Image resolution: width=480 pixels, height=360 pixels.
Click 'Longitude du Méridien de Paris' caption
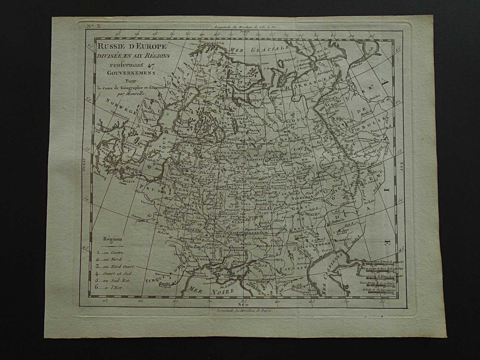[x=245, y=310]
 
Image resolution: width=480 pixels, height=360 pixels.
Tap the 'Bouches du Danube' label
[x=199, y=274]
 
